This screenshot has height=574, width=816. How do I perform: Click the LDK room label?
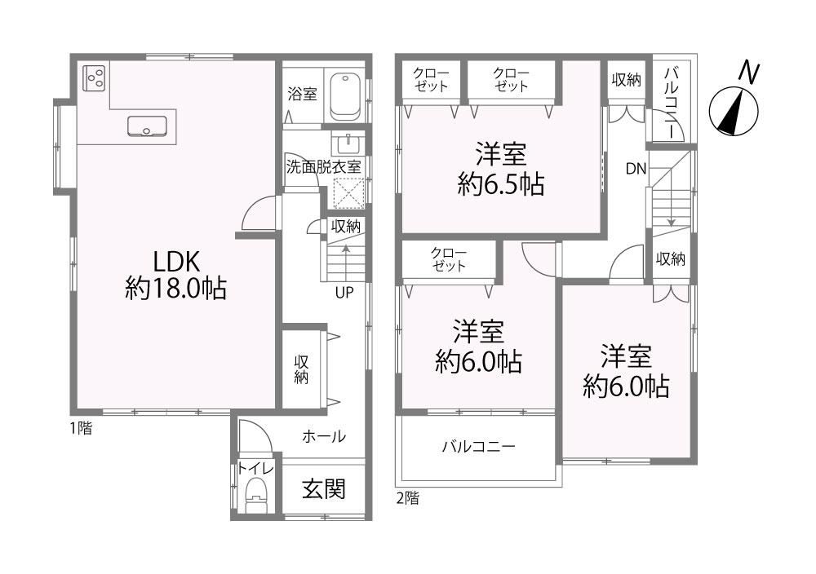pyautogui.click(x=175, y=275)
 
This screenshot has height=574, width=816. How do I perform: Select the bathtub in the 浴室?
pyautogui.click(x=346, y=95)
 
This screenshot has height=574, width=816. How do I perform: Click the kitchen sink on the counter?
pyautogui.click(x=147, y=126)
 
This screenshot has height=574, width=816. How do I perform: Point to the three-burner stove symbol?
pyautogui.click(x=95, y=78)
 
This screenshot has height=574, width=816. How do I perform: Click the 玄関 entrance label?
pyautogui.click(x=324, y=488)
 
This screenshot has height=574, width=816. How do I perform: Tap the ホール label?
pyautogui.click(x=324, y=435)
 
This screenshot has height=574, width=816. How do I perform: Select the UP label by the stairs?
pyautogui.click(x=344, y=293)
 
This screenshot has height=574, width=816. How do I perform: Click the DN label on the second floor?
pyautogui.click(x=636, y=169)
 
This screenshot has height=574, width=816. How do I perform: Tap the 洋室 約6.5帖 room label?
pyautogui.click(x=501, y=169)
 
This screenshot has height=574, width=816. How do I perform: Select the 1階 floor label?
pyautogui.click(x=81, y=428)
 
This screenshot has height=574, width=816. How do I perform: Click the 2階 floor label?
pyautogui.click(x=407, y=498)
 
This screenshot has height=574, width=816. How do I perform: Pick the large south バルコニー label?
pyautogui.click(x=479, y=447)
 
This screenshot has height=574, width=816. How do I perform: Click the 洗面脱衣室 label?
pyautogui.click(x=324, y=167)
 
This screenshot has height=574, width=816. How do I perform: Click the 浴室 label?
pyautogui.click(x=303, y=94)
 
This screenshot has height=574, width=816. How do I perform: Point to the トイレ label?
pyautogui.click(x=255, y=469)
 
